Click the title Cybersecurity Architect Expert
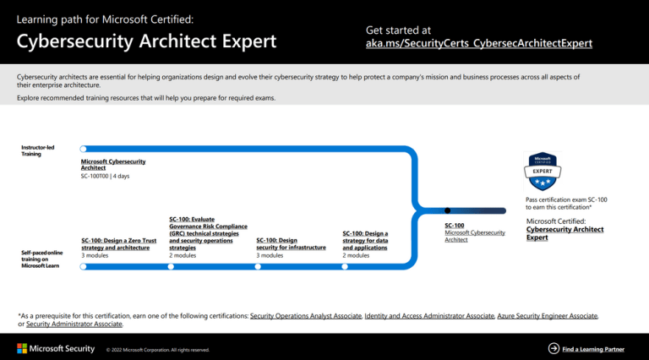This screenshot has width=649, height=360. (146, 41)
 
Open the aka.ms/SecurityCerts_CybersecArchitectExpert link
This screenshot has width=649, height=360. (478, 43)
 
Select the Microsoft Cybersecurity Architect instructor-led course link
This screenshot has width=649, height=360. (113, 164)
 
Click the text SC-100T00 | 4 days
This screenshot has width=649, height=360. (105, 176)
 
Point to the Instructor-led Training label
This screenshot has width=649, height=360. (38, 150)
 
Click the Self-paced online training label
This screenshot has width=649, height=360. (40, 259)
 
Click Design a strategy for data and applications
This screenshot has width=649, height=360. (365, 240)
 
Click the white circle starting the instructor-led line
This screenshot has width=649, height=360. (83, 149)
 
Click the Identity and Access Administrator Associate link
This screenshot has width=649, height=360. (428, 315)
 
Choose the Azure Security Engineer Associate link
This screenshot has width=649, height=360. (547, 315)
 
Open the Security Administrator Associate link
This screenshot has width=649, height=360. (74, 324)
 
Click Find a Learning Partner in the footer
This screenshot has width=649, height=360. (593, 348)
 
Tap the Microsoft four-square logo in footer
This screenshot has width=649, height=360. (22, 348)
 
